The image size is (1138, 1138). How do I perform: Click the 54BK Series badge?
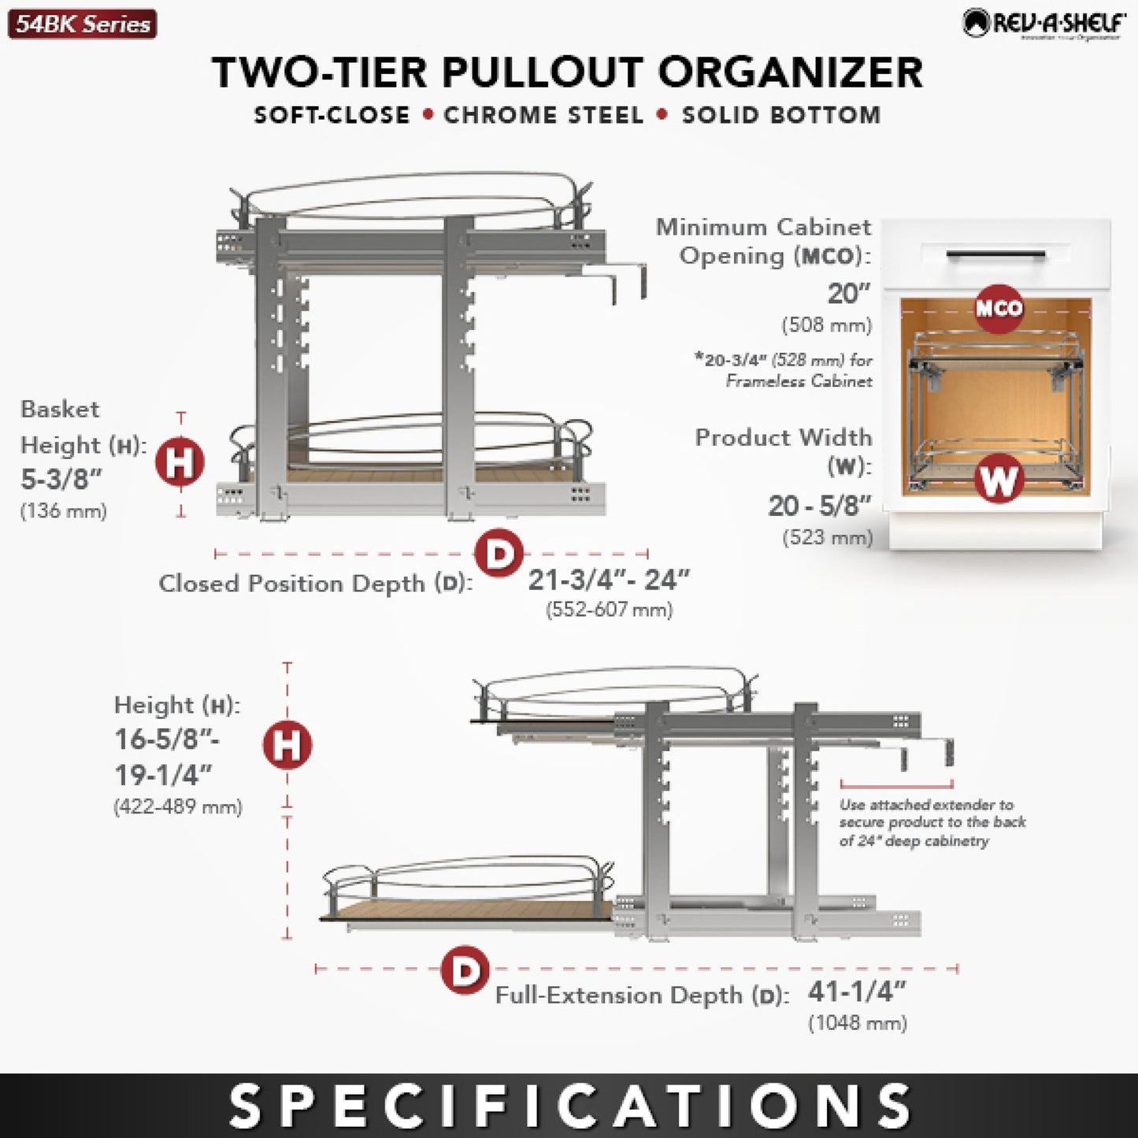[x=82, y=24]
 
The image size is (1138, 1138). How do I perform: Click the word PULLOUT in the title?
[x=543, y=72]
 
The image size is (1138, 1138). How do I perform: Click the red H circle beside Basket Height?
[x=180, y=462]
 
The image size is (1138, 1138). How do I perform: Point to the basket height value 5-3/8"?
[x=61, y=478]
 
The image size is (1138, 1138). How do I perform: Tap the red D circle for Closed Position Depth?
[x=499, y=554]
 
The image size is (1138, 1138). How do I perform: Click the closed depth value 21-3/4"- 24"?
[x=608, y=580]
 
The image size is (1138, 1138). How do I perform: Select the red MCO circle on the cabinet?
[x=999, y=308]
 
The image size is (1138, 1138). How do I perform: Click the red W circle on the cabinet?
[x=999, y=479]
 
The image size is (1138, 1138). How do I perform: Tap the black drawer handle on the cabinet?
[x=995, y=255]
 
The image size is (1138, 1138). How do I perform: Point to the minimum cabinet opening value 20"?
[x=848, y=294]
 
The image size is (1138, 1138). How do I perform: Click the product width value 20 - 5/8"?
[x=820, y=506]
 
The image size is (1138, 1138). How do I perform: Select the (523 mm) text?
[x=827, y=537]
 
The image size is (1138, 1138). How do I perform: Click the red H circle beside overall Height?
[x=287, y=744]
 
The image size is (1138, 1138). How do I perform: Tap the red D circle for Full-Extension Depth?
[x=465, y=969]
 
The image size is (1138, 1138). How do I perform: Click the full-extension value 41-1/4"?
[x=857, y=992]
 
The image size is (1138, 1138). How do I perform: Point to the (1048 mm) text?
[x=858, y=1023]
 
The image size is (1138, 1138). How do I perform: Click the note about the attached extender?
[x=932, y=823]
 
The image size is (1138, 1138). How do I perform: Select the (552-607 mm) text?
[x=609, y=610]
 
